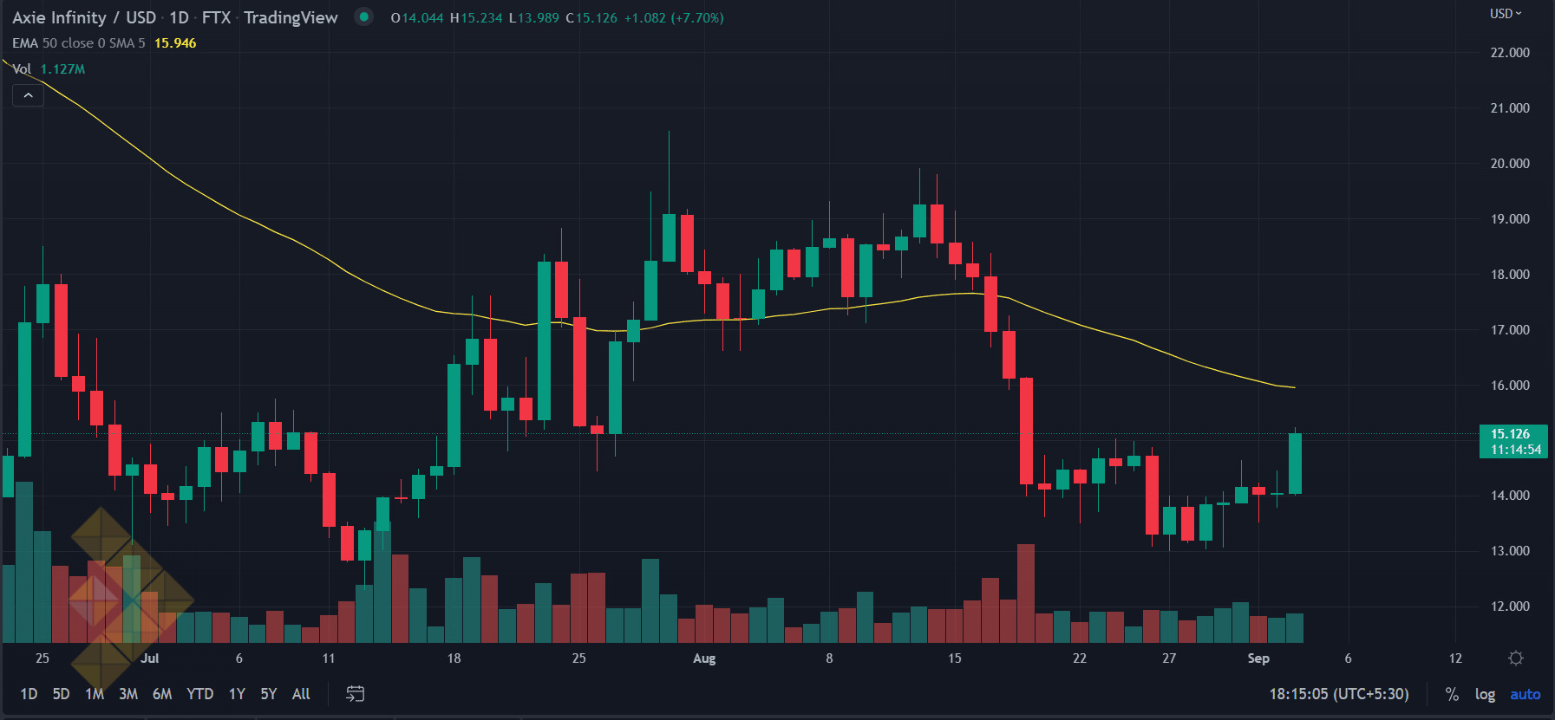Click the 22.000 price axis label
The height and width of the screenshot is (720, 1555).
click(x=1509, y=53)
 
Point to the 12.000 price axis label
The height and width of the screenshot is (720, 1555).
click(x=1509, y=606)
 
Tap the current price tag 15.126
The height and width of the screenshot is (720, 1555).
click(x=1512, y=434)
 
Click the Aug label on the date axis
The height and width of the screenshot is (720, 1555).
click(x=704, y=658)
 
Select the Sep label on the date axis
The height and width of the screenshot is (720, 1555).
click(x=1258, y=658)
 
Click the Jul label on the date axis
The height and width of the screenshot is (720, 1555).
click(x=150, y=658)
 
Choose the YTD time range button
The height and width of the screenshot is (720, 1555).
click(x=199, y=694)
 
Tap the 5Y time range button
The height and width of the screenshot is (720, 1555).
click(x=269, y=694)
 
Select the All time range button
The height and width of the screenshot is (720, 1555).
click(x=301, y=694)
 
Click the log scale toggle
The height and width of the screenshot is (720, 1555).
click(x=1485, y=694)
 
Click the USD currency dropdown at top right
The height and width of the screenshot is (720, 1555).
click(x=1506, y=14)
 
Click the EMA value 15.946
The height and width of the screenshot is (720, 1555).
click(x=175, y=43)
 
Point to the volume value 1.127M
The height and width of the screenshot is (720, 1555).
click(x=62, y=69)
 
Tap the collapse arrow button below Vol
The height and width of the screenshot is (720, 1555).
click(x=29, y=95)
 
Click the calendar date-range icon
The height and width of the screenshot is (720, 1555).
click(x=356, y=694)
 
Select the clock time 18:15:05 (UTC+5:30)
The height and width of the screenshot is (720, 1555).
click(x=1339, y=694)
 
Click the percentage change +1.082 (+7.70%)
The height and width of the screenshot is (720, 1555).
click(x=674, y=18)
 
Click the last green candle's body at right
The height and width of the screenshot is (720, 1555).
click(x=1295, y=464)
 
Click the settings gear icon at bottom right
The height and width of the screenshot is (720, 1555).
click(x=1516, y=658)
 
